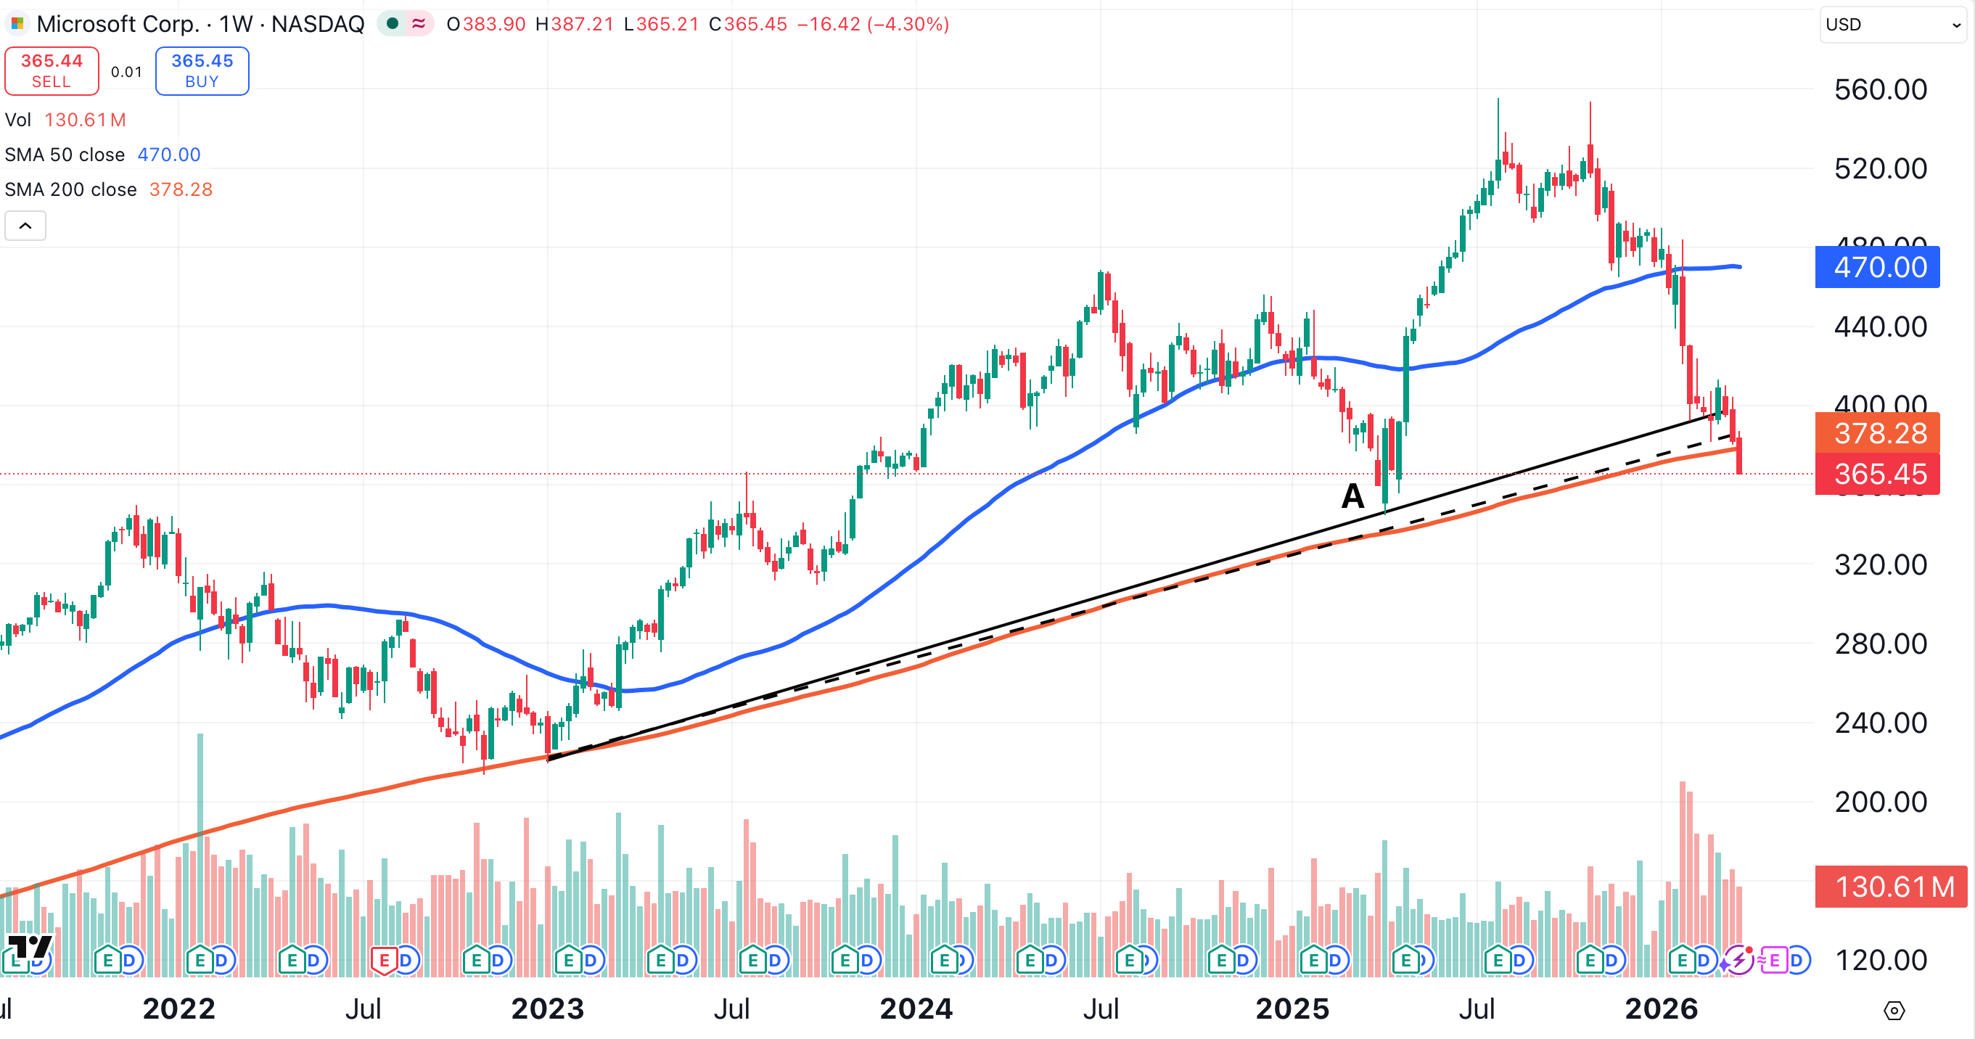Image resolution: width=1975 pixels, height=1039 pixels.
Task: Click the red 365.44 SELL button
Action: [x=52, y=70]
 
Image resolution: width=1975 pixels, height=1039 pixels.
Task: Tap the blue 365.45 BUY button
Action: [x=202, y=70]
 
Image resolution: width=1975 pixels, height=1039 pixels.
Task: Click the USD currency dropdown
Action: [x=1892, y=25]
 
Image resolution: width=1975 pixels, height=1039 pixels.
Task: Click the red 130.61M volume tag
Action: [x=1891, y=887]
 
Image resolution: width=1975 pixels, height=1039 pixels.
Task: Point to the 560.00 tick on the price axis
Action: [x=1880, y=90]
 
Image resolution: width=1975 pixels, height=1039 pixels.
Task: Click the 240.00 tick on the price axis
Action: [x=1880, y=723]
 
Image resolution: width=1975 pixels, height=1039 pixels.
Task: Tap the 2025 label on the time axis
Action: [x=1292, y=1009]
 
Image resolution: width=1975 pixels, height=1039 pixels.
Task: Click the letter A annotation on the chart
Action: [x=1352, y=496]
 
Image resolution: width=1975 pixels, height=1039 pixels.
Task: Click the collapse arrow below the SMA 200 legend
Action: [x=25, y=226]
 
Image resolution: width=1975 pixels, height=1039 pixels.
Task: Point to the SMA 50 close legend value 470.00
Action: [x=168, y=155]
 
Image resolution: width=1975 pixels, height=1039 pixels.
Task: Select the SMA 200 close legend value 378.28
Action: [x=181, y=189]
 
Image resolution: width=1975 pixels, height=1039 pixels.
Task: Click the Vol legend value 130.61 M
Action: [x=85, y=120]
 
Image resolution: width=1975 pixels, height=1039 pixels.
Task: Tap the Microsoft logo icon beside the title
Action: [x=17, y=24]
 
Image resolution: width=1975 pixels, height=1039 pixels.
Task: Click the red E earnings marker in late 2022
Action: [x=384, y=959]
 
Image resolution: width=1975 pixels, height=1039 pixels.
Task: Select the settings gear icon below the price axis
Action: [x=1894, y=1011]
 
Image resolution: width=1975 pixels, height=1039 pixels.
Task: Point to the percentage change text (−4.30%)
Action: [x=908, y=24]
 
